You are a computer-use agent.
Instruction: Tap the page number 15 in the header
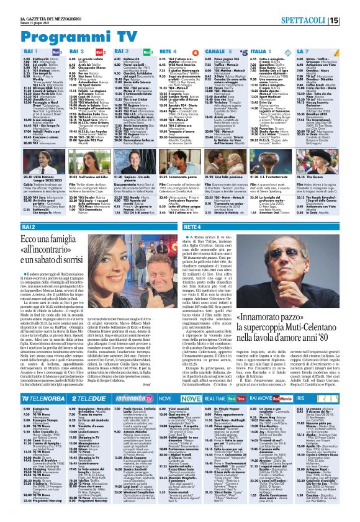[351, 21]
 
